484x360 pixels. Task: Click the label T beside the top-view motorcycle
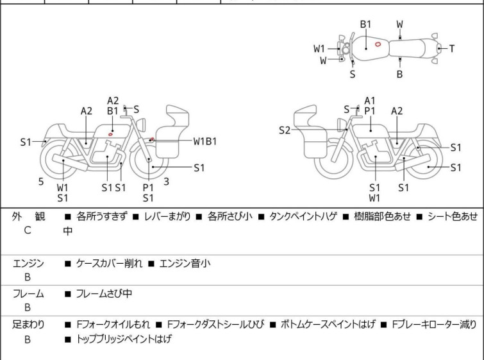click(x=452, y=48)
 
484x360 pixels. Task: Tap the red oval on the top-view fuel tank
click(x=378, y=44)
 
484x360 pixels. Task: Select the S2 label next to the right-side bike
click(x=285, y=130)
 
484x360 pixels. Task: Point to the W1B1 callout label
click(x=205, y=141)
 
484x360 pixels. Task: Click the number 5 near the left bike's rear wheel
click(x=41, y=182)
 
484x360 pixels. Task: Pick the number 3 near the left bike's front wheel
click(x=166, y=182)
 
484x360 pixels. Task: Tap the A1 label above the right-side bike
click(x=370, y=100)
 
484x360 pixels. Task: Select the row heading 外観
click(x=28, y=217)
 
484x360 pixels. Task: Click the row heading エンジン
click(x=28, y=263)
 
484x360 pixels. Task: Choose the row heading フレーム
click(x=28, y=294)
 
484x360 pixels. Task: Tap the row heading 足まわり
click(x=28, y=325)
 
